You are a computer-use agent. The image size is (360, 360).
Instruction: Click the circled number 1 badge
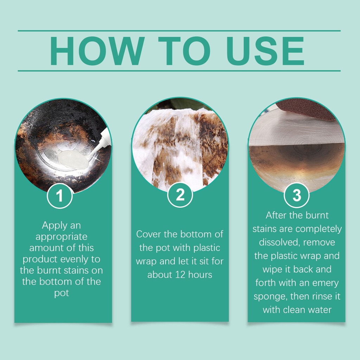(60, 196)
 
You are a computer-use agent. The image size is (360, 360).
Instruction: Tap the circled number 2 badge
(180, 195)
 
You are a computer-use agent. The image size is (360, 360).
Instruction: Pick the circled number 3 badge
(297, 195)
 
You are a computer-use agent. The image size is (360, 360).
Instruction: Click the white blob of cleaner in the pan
(73, 159)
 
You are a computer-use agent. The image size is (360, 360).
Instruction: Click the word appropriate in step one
(61, 237)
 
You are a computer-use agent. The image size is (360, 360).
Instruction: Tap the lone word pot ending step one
(62, 293)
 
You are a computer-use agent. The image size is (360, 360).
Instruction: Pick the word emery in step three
(325, 283)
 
